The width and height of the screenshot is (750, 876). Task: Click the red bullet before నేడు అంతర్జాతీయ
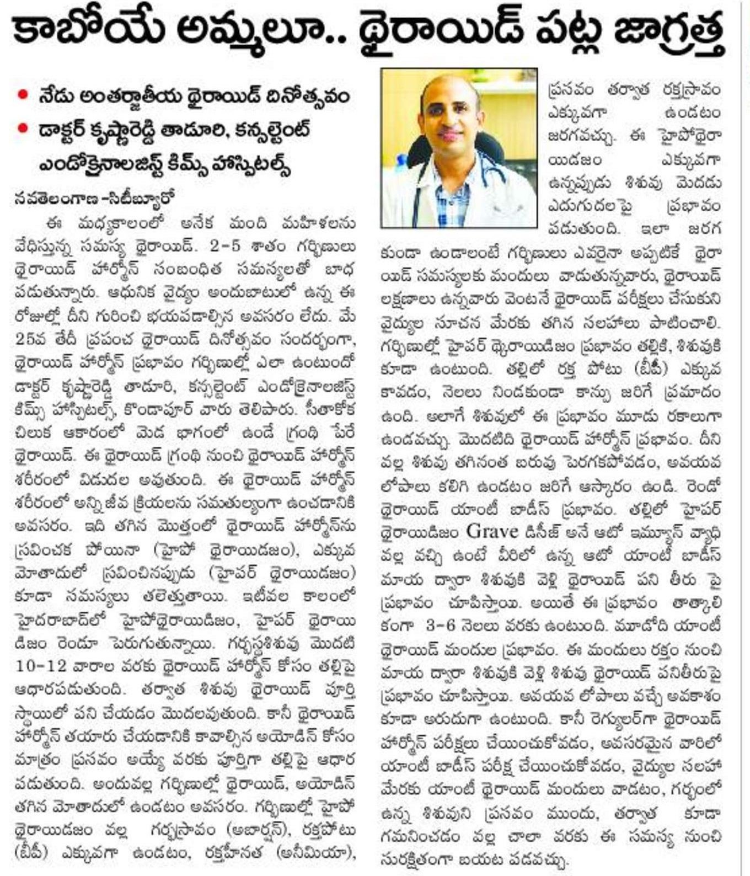(x=22, y=94)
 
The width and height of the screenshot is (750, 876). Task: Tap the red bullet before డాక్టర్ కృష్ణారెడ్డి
(x=22, y=130)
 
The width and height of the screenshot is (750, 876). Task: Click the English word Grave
(x=492, y=531)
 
